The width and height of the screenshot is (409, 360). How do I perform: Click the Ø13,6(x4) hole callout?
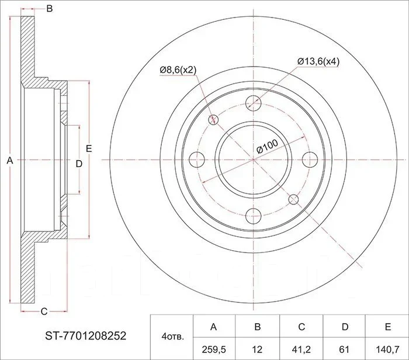pos(318,61)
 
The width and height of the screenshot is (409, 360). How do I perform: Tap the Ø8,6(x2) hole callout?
pos(178,70)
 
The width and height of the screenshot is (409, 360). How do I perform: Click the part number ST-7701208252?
pos(86,335)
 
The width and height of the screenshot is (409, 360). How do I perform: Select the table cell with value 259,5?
pos(214,348)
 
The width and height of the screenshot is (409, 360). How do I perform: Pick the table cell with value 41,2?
pos(301,348)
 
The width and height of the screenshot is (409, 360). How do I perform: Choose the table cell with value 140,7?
pos(387,348)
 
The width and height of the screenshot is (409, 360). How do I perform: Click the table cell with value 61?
pos(344,348)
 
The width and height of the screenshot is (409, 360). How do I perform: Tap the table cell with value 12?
pos(258,348)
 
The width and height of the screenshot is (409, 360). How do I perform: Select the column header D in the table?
pos(344,326)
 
